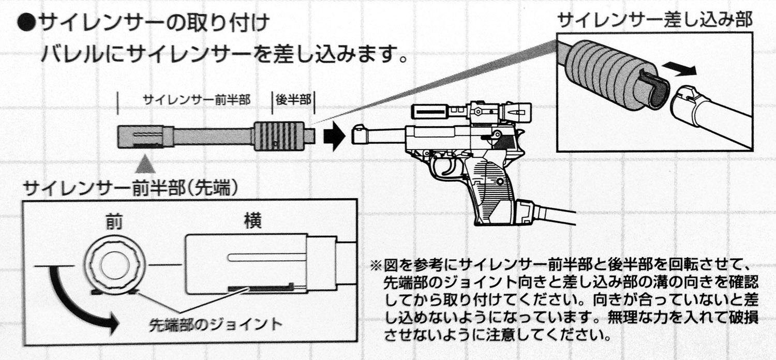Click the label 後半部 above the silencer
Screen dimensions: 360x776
(293, 99)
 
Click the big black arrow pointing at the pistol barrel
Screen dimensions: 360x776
(334, 137)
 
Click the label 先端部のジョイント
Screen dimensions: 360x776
(215, 325)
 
